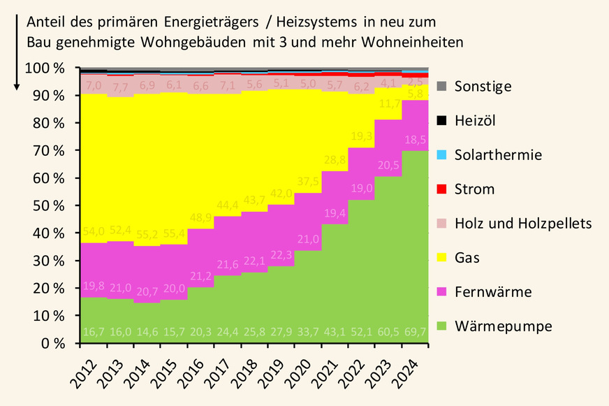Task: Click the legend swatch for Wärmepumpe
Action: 441,326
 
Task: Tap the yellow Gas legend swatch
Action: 441,257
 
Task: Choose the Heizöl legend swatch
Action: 441,120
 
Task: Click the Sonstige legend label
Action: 483,87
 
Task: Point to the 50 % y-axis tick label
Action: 49,205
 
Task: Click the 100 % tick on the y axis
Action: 45,68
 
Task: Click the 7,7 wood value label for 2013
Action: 121,87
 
